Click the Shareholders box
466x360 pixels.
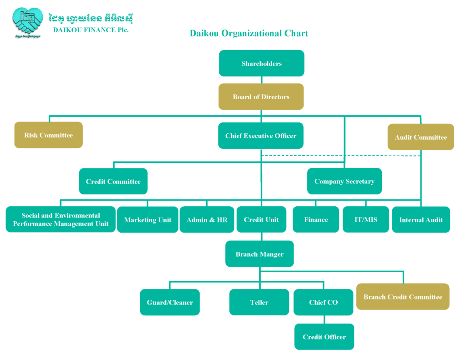coord(261,63)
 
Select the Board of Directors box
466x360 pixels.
coord(261,96)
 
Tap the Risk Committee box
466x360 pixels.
coord(48,135)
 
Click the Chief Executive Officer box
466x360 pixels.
coord(260,136)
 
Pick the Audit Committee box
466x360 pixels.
coord(420,137)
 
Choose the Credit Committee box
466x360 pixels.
coord(113,181)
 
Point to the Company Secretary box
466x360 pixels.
coord(344,181)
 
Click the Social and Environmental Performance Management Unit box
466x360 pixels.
coord(61,219)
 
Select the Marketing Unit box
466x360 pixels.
coord(147,220)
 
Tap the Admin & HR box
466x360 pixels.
coord(207,220)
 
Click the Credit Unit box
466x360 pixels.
coord(261,219)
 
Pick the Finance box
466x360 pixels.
coord(316,219)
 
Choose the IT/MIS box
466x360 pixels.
coord(365,219)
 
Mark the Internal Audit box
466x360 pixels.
coord(421,220)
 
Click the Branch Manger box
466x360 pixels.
coord(259,254)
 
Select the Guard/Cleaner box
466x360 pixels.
coord(169,302)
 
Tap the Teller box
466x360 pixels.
coord(259,302)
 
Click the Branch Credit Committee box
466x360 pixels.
coord(403,297)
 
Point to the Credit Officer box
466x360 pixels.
coord(324,337)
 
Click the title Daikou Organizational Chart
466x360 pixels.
coord(249,33)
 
